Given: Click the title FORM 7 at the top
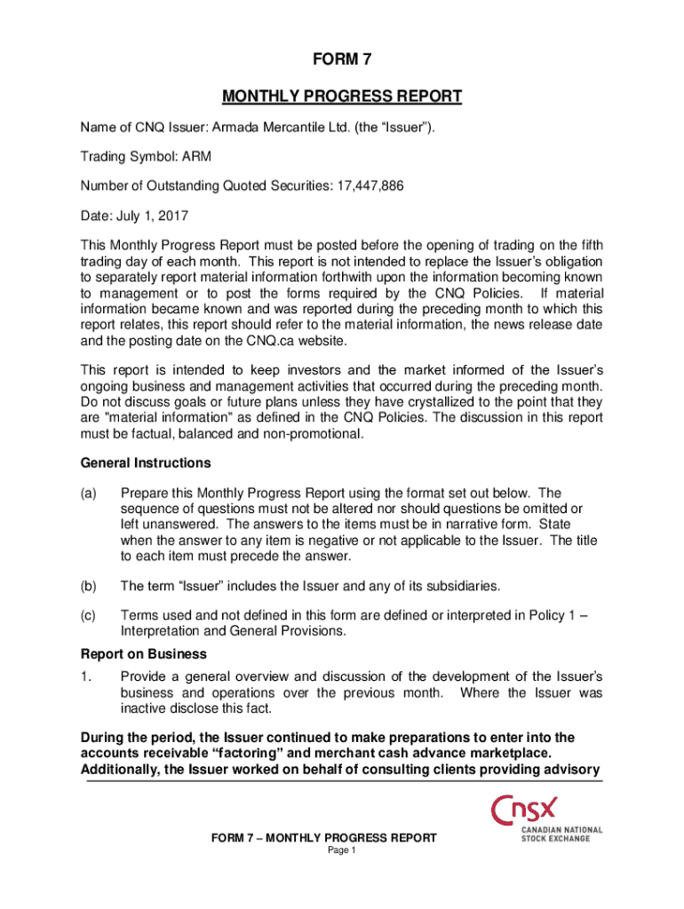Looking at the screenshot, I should point(342,61).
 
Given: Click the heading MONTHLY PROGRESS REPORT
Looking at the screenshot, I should point(342,96).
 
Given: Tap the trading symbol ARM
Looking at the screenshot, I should point(197,157).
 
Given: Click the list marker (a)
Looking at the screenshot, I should point(89,493).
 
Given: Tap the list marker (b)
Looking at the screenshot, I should point(89,586).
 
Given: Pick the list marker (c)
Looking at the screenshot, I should point(89,615).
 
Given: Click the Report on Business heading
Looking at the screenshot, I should point(131,654).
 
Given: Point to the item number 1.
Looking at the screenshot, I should point(85,676).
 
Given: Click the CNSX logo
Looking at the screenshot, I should point(526,810).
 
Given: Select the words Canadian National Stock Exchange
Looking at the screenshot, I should point(561,834).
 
